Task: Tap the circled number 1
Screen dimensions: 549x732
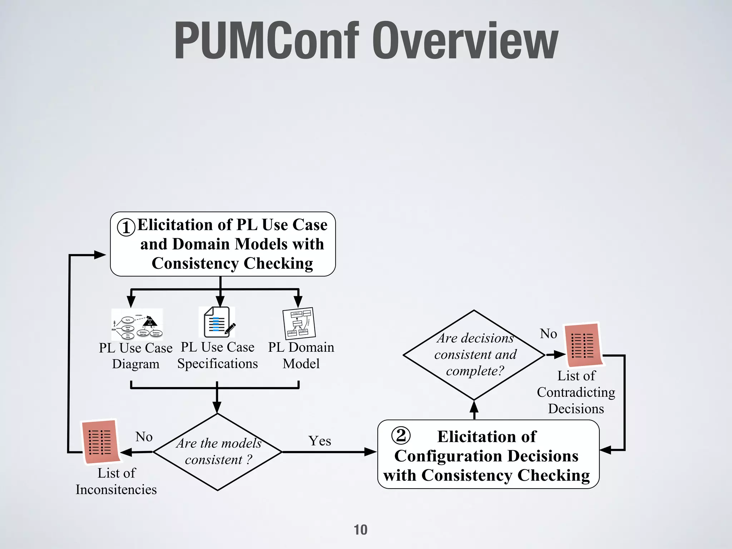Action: [126, 227]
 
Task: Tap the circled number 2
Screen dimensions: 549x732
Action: [401, 435]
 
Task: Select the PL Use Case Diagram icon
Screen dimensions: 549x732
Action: [137, 325]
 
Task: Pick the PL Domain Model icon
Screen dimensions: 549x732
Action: [299, 323]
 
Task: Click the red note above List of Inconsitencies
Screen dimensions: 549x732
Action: [100, 442]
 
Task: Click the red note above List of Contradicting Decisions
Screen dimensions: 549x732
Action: [583, 345]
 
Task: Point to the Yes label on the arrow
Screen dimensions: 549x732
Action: [320, 441]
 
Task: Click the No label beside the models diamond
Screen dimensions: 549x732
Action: [144, 436]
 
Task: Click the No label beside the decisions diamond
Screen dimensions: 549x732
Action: [548, 333]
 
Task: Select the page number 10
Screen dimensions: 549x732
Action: [360, 529]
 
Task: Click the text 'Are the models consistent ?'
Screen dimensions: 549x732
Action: [218, 451]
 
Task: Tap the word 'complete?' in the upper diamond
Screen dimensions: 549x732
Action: [475, 371]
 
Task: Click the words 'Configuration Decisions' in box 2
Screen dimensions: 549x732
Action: [486, 456]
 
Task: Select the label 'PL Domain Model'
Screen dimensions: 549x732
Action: [301, 355]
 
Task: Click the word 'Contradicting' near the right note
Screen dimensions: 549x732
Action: [576, 392]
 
